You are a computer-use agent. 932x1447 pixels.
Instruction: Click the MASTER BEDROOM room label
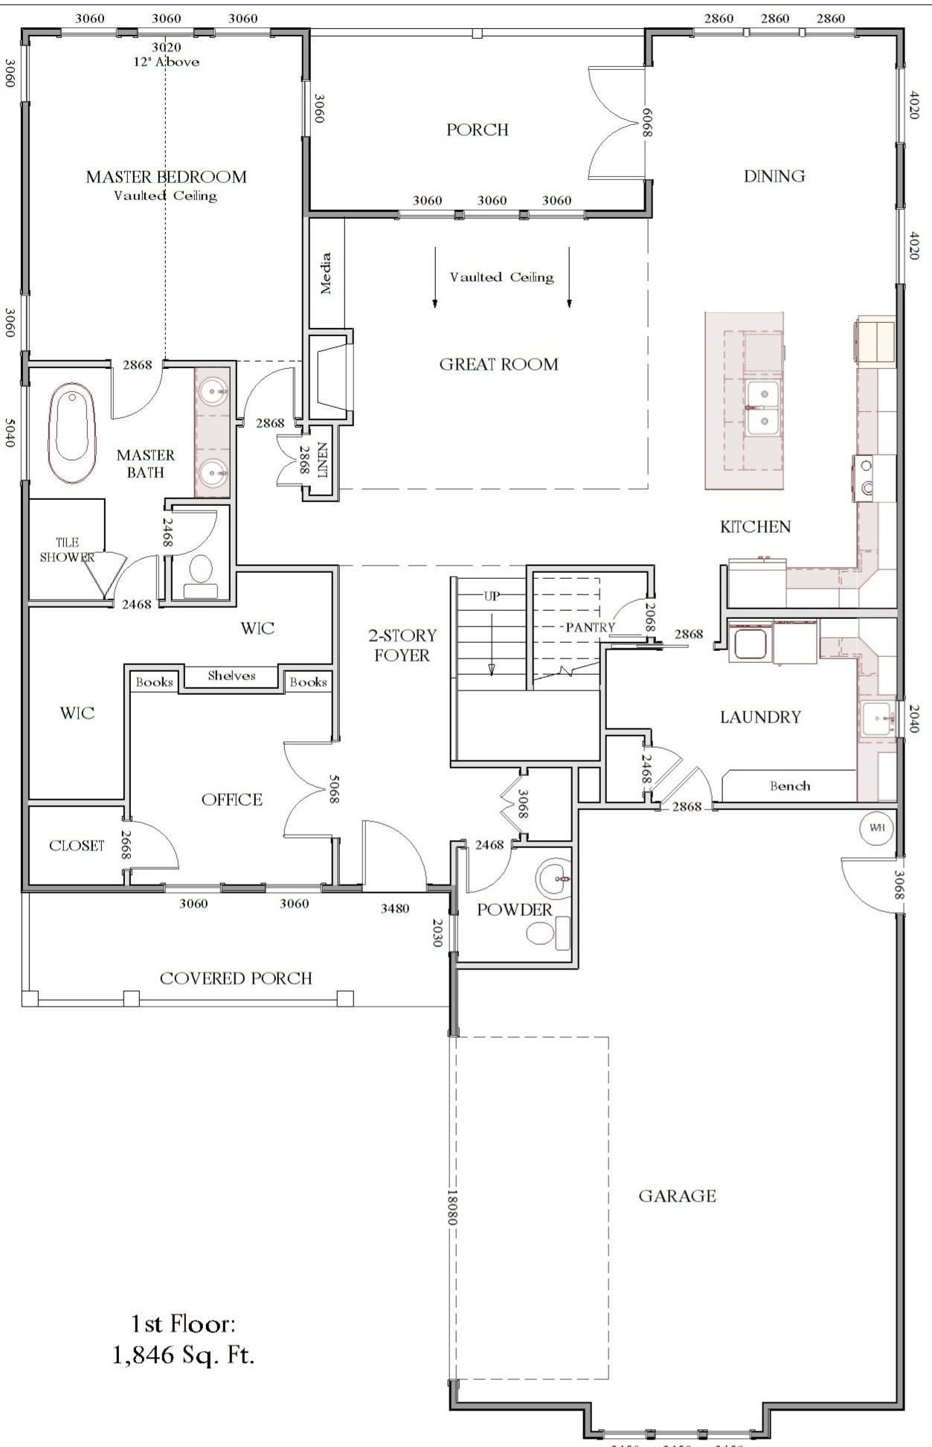pos(166,177)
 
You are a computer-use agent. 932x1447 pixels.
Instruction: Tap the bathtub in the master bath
pos(73,434)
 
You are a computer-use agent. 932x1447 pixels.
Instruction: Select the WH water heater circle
pos(876,827)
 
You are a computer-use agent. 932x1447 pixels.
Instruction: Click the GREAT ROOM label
pos(498,365)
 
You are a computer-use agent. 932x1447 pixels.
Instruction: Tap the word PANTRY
pos(590,627)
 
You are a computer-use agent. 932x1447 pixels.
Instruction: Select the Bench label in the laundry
pos(790,786)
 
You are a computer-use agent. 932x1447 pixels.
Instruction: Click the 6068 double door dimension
pos(647,123)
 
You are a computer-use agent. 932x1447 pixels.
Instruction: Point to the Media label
pos(326,273)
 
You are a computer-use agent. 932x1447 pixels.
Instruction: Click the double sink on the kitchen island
pos(763,407)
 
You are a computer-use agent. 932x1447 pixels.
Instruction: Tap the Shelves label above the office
pos(231,676)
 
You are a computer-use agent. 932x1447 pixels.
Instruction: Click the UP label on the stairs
pos(492,596)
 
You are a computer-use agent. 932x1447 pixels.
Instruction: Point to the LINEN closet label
pos(323,461)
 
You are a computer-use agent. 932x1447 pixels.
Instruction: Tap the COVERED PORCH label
pos(236,978)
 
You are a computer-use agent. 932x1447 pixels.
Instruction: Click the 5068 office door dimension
pos(335,789)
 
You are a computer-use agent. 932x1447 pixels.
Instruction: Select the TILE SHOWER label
pos(67,550)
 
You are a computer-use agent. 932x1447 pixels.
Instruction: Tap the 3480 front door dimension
pos(394,908)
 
